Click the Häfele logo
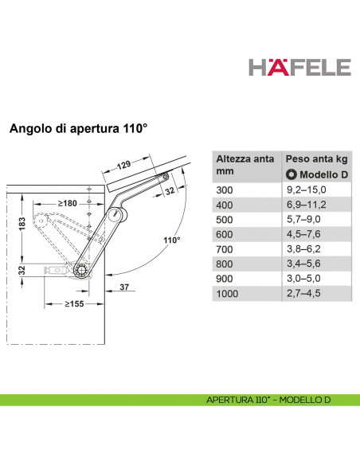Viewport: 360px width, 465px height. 301,65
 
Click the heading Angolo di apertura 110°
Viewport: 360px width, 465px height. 80,127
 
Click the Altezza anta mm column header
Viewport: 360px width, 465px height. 244,166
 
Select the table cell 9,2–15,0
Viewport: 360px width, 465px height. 307,190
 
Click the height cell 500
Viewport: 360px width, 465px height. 227,219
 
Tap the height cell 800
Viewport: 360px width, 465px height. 227,265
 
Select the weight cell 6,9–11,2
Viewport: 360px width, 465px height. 307,205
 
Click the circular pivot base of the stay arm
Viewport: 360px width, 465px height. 83,271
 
